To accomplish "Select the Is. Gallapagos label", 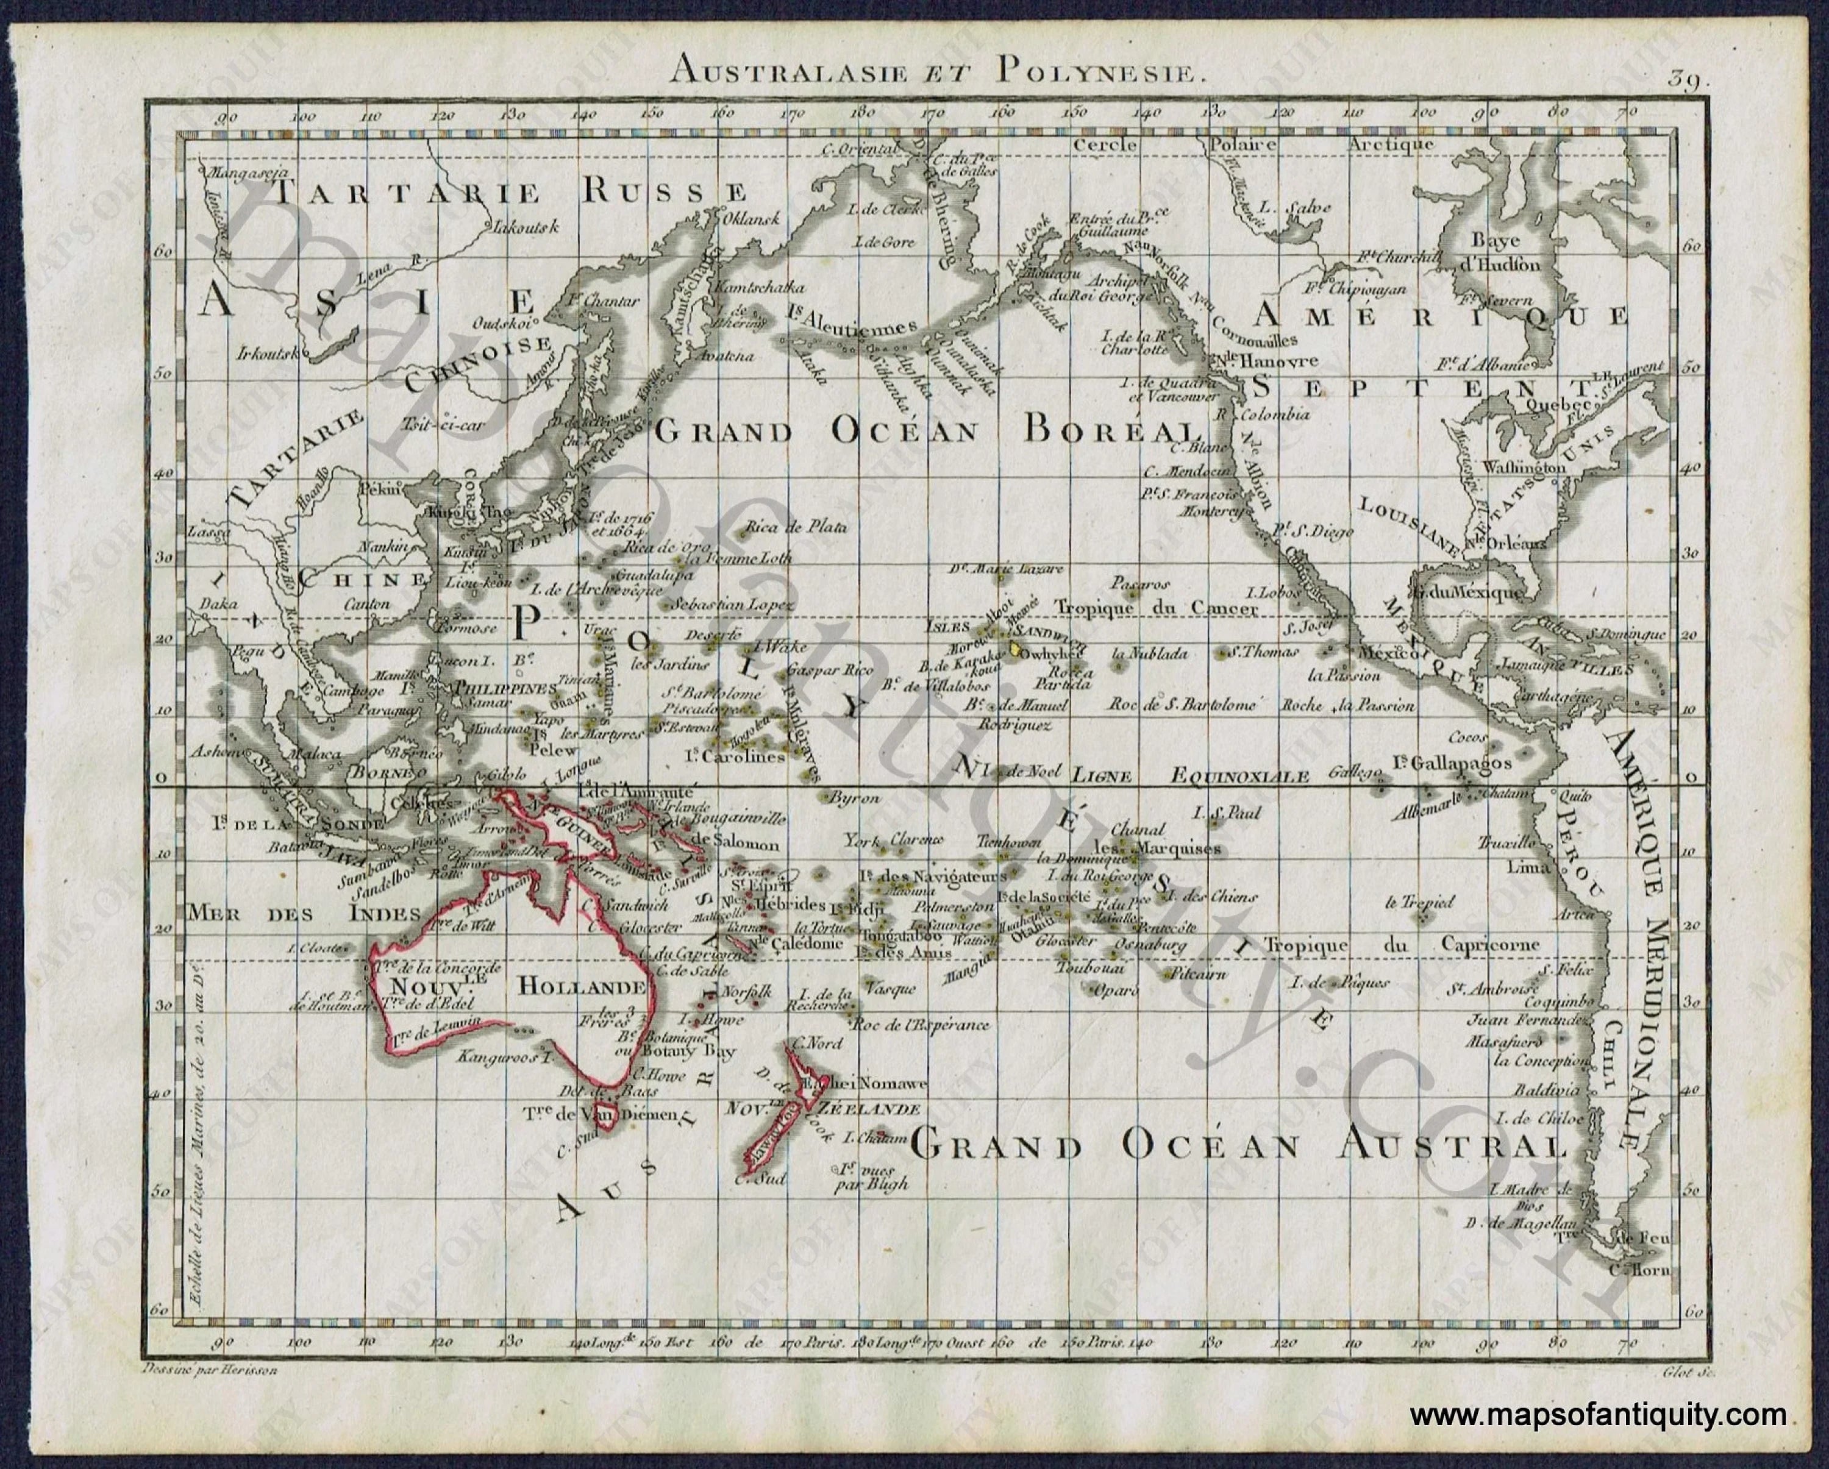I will click(x=1452, y=763).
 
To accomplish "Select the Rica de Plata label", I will click(x=796, y=527).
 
